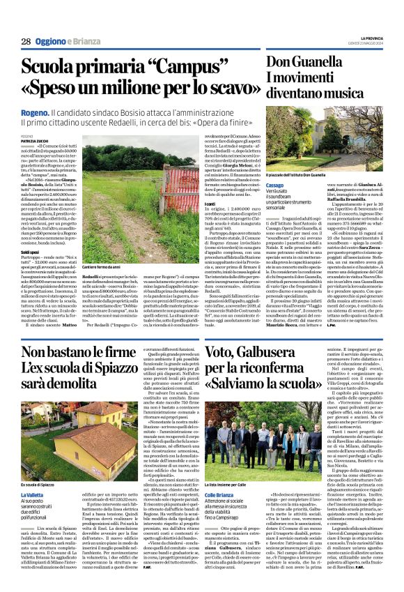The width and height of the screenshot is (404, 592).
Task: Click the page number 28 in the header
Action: coord(26,41)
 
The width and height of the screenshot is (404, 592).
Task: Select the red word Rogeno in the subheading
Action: coord(35,111)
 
